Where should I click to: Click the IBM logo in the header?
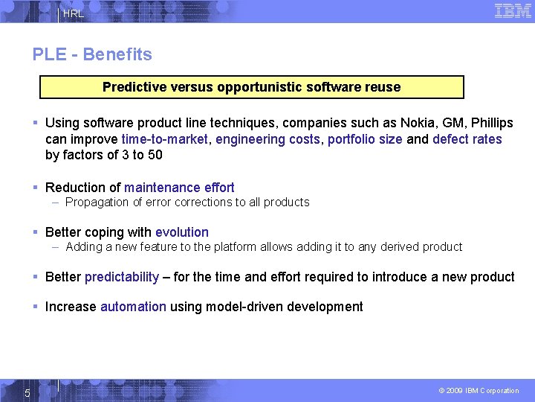(x=513, y=10)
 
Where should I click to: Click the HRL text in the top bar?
(x=74, y=14)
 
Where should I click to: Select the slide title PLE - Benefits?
(x=92, y=54)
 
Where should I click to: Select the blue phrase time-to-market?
(x=165, y=139)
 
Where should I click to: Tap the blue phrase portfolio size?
(x=365, y=139)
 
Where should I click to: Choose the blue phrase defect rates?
(x=467, y=139)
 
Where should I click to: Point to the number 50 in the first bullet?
(x=155, y=156)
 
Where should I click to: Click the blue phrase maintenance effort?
(x=179, y=188)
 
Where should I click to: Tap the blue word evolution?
(x=182, y=232)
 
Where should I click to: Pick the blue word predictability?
(x=122, y=277)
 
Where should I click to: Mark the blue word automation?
(x=133, y=307)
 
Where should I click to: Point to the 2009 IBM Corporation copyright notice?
(x=479, y=391)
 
